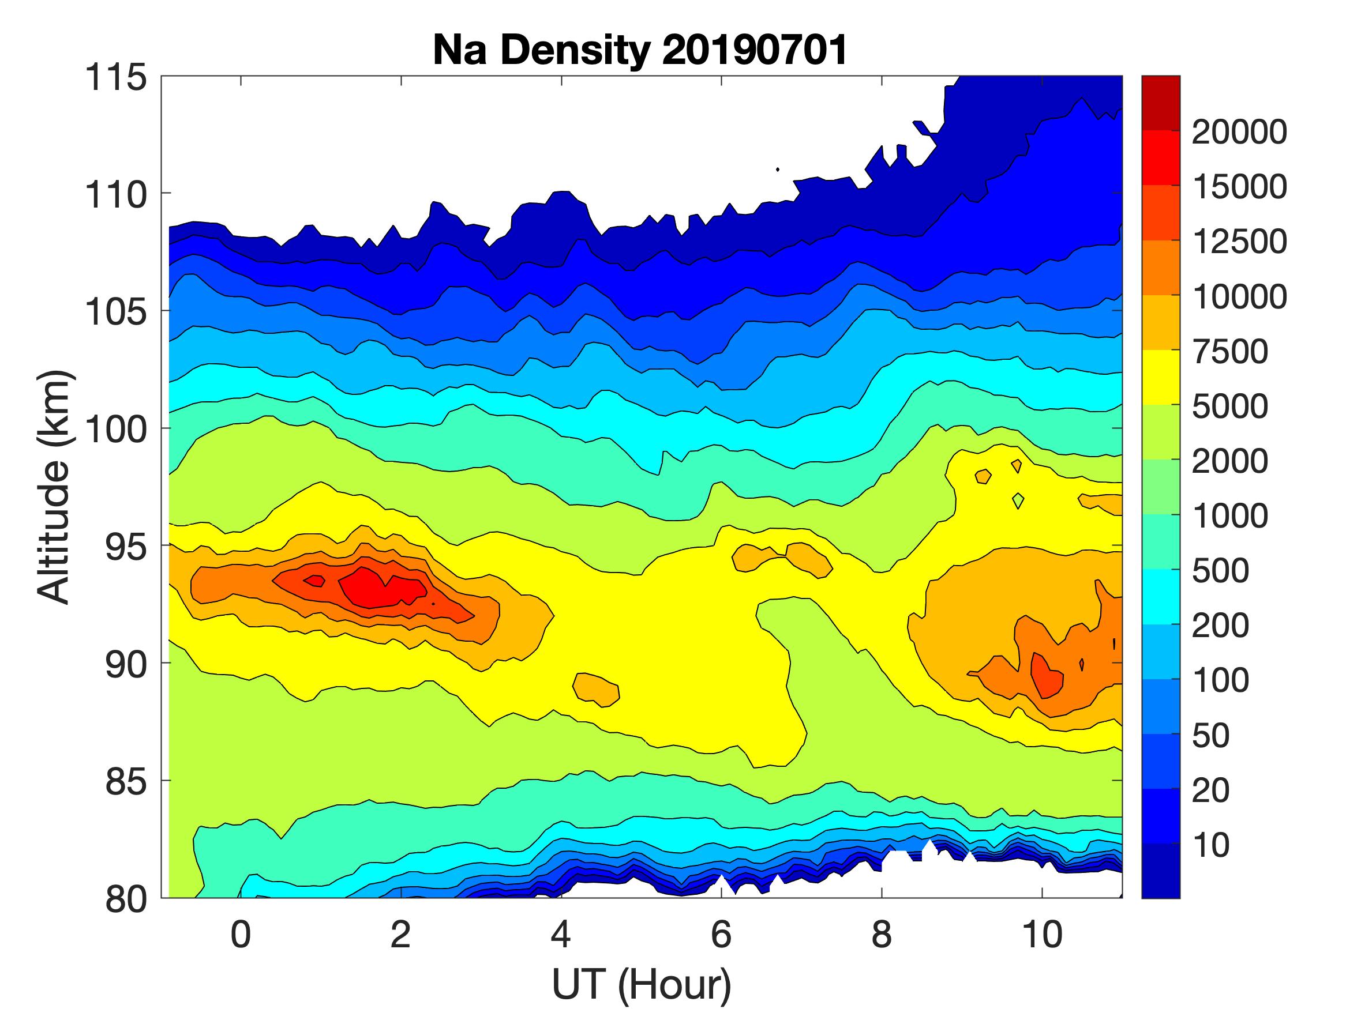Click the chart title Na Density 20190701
point(640,50)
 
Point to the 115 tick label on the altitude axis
point(115,78)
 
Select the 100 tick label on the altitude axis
point(115,430)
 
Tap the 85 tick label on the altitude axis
point(126,781)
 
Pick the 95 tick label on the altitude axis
point(126,547)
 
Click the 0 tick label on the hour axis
point(241,933)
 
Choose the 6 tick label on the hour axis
point(721,933)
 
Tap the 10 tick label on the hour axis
point(1042,933)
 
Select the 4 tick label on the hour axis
point(561,933)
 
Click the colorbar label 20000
point(1239,132)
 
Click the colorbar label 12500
point(1239,242)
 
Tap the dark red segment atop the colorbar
point(1160,102)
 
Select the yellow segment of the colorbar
point(1160,377)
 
